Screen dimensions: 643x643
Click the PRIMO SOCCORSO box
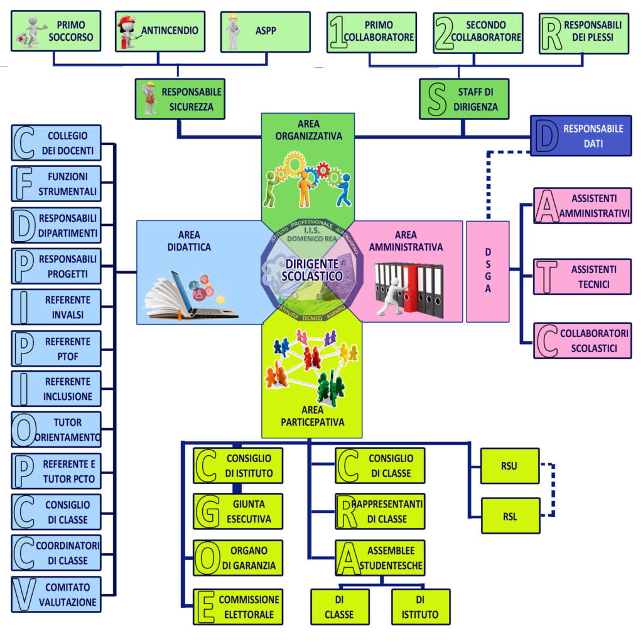pyautogui.click(x=56, y=31)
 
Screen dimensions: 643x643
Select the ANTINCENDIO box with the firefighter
pyautogui.click(x=160, y=31)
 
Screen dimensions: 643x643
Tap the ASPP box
pyautogui.click(x=266, y=32)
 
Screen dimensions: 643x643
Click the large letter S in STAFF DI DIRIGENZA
pyautogui.click(x=437, y=99)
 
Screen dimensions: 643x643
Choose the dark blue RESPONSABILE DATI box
pyautogui.click(x=581, y=136)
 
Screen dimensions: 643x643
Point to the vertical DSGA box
pyautogui.click(x=488, y=271)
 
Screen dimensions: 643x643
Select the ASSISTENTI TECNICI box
pyautogui.click(x=582, y=276)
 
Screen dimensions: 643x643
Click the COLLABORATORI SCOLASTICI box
pyautogui.click(x=582, y=340)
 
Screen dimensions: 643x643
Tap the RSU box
pyautogui.click(x=510, y=466)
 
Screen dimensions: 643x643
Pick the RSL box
pyautogui.click(x=511, y=516)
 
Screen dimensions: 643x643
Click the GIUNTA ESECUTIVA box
pyautogui.click(x=238, y=511)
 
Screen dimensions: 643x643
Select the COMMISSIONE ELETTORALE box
pyautogui.click(x=238, y=607)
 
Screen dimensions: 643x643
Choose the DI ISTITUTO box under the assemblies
pyautogui.click(x=421, y=607)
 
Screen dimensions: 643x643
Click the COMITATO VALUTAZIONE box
pyautogui.click(x=56, y=594)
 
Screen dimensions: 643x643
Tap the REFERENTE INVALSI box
pyautogui.click(x=56, y=307)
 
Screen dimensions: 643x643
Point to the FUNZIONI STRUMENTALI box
pyautogui.click(x=56, y=184)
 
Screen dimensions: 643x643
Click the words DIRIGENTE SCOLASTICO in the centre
pyautogui.click(x=312, y=270)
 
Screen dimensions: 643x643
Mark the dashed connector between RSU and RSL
pyautogui.click(x=553, y=490)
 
